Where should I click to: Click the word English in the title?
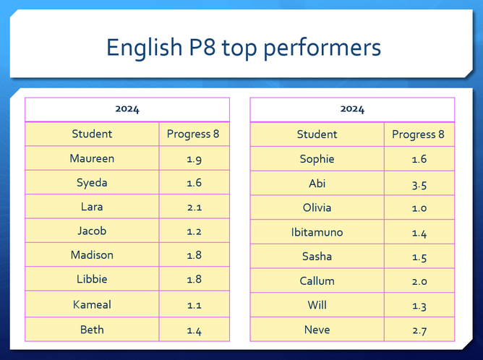click(x=144, y=48)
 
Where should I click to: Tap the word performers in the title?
click(x=322, y=48)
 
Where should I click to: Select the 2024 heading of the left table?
click(x=127, y=109)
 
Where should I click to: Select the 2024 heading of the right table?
click(x=352, y=109)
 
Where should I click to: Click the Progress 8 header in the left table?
click(x=193, y=134)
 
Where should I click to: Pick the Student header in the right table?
click(x=317, y=134)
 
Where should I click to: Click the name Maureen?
click(x=92, y=158)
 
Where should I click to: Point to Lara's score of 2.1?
click(x=195, y=207)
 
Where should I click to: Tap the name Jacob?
click(x=92, y=231)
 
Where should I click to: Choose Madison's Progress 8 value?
click(x=195, y=255)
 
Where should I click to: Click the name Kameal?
click(x=92, y=304)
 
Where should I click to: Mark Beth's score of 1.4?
click(x=195, y=331)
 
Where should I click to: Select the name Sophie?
click(x=317, y=159)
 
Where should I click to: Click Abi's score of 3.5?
click(x=419, y=185)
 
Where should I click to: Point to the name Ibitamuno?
click(x=317, y=232)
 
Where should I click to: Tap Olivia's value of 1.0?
click(x=419, y=208)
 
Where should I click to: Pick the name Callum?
click(x=317, y=281)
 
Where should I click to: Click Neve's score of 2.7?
click(x=419, y=331)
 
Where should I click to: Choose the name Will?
click(x=317, y=305)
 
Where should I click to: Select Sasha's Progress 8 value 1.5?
click(x=419, y=258)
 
